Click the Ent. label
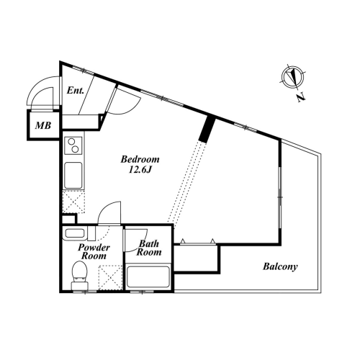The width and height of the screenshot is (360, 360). [x=76, y=91]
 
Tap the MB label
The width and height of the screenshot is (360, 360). [x=43, y=125]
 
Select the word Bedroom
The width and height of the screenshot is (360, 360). [x=140, y=159]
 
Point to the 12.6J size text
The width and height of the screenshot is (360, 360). [x=140, y=170]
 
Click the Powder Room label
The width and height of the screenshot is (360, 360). [x=94, y=251]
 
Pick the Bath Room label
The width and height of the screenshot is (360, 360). [x=149, y=248]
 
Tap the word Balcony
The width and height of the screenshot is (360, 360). [x=280, y=266]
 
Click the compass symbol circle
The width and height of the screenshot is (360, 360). [x=293, y=76]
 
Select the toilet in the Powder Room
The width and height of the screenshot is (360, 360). [x=79, y=276]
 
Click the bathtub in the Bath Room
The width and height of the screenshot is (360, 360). [x=148, y=277]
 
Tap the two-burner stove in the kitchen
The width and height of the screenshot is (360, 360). [x=73, y=145]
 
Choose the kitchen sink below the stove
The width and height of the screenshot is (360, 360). [x=73, y=176]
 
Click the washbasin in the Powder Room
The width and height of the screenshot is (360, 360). [x=75, y=233]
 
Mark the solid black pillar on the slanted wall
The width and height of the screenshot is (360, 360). [x=207, y=130]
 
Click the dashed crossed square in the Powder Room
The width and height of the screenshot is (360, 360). [x=111, y=278]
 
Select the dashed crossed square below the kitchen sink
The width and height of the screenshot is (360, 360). [x=73, y=202]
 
